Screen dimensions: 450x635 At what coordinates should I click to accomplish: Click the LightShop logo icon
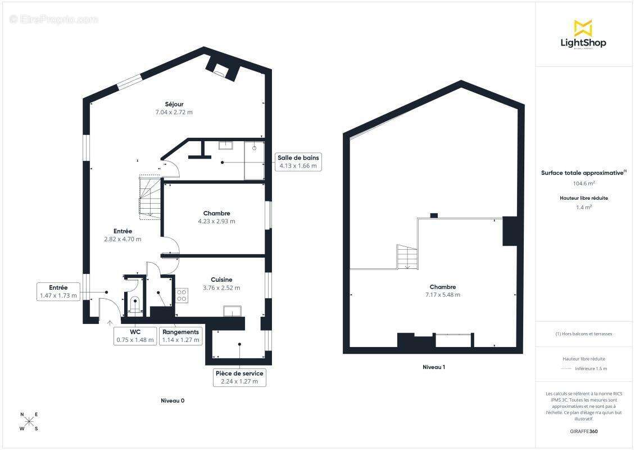click(583, 28)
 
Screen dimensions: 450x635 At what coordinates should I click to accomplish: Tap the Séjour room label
click(174, 104)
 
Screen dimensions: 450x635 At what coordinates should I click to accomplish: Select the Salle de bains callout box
click(298, 162)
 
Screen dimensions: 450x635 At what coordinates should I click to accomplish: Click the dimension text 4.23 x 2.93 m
click(216, 222)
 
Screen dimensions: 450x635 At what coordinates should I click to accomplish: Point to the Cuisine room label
click(221, 280)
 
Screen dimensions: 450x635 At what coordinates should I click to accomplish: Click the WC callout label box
click(135, 336)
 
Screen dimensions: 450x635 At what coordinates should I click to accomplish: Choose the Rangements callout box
click(180, 336)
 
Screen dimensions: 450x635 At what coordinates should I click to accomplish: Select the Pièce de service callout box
click(239, 377)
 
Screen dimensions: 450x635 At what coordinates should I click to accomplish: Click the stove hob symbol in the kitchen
click(182, 295)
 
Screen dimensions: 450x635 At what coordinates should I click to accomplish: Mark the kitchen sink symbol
click(232, 311)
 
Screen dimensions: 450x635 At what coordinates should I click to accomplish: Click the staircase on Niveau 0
click(150, 197)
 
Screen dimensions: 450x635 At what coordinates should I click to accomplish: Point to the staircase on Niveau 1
click(407, 256)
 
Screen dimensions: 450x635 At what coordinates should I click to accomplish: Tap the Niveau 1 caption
click(434, 367)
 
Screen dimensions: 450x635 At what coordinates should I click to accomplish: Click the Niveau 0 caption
click(173, 401)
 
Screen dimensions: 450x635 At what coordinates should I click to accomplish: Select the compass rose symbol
click(29, 422)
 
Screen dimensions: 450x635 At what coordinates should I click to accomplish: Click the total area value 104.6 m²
click(584, 183)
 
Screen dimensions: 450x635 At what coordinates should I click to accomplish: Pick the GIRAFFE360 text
click(584, 431)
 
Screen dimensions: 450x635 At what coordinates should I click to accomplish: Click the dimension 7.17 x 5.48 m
click(442, 295)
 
